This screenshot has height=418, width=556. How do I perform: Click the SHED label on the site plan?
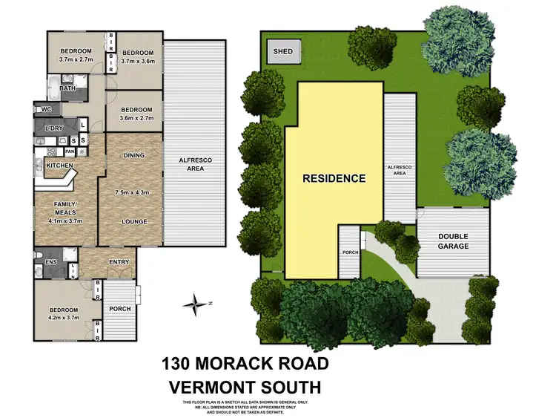pyautogui.click(x=283, y=51)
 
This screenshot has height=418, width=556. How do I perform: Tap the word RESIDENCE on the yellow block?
pyautogui.click(x=334, y=178)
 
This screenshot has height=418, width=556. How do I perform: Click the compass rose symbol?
pyautogui.click(x=196, y=302)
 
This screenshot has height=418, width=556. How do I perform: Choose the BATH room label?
pyautogui.click(x=67, y=89)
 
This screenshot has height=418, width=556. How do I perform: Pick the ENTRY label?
pyautogui.click(x=119, y=262)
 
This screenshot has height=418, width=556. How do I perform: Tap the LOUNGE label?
pyautogui.click(x=134, y=221)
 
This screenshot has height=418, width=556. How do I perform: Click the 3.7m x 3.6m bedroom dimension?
pyautogui.click(x=138, y=62)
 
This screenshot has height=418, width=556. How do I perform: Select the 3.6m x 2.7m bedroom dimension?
pyautogui.click(x=134, y=118)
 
